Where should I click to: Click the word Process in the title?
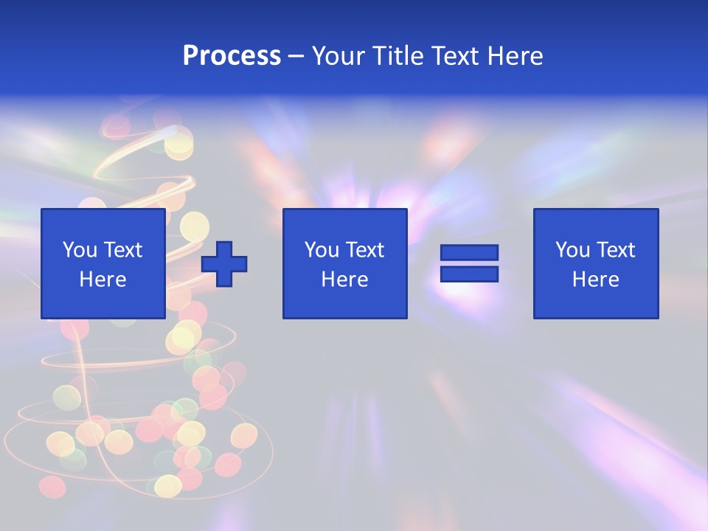(232, 56)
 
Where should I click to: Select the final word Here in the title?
(516, 56)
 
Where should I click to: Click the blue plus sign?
(224, 264)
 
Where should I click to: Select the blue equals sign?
(469, 263)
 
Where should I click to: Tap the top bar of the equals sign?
(469, 253)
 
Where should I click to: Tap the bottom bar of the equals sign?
(469, 274)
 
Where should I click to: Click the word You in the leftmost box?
(80, 250)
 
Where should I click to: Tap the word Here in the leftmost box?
(103, 280)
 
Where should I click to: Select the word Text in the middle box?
(365, 250)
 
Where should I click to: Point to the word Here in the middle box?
(345, 280)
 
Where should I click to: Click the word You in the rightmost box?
(572, 250)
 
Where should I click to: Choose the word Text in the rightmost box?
(616, 250)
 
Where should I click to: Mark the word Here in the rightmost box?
(596, 280)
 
